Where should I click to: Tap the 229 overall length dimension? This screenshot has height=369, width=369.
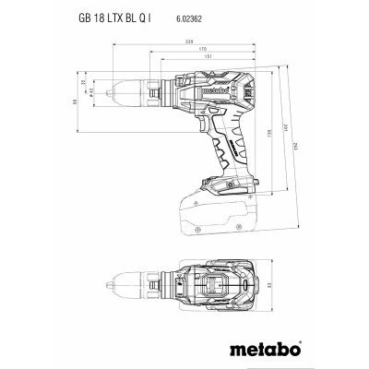pos(188,42)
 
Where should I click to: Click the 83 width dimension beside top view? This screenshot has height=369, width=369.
pos(282,285)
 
